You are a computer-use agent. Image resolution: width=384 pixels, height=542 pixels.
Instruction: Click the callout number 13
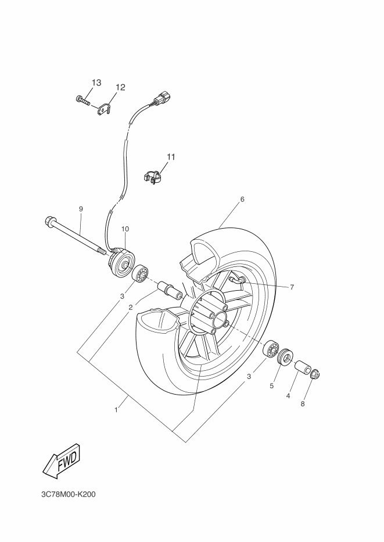coord(96,82)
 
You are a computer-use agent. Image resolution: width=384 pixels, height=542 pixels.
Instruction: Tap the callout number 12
coord(120,87)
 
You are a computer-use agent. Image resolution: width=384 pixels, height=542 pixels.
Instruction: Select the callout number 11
coord(171,157)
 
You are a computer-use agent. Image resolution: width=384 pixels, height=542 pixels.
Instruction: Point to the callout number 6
coord(242,199)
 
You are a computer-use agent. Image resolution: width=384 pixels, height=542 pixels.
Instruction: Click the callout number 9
coord(81,208)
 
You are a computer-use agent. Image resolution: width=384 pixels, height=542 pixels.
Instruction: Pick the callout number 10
coord(125,229)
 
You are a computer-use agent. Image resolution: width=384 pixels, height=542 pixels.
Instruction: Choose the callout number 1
coord(116,409)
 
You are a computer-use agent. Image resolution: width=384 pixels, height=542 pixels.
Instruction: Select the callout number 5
coord(271,386)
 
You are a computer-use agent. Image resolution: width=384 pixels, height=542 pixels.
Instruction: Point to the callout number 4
coord(288,396)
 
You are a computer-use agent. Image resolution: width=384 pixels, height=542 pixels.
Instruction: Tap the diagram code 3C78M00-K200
coord(67,495)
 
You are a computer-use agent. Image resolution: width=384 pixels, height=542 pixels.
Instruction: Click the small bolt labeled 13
coord(82,101)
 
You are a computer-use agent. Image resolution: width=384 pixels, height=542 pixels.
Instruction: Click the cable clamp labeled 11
coord(152,176)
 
